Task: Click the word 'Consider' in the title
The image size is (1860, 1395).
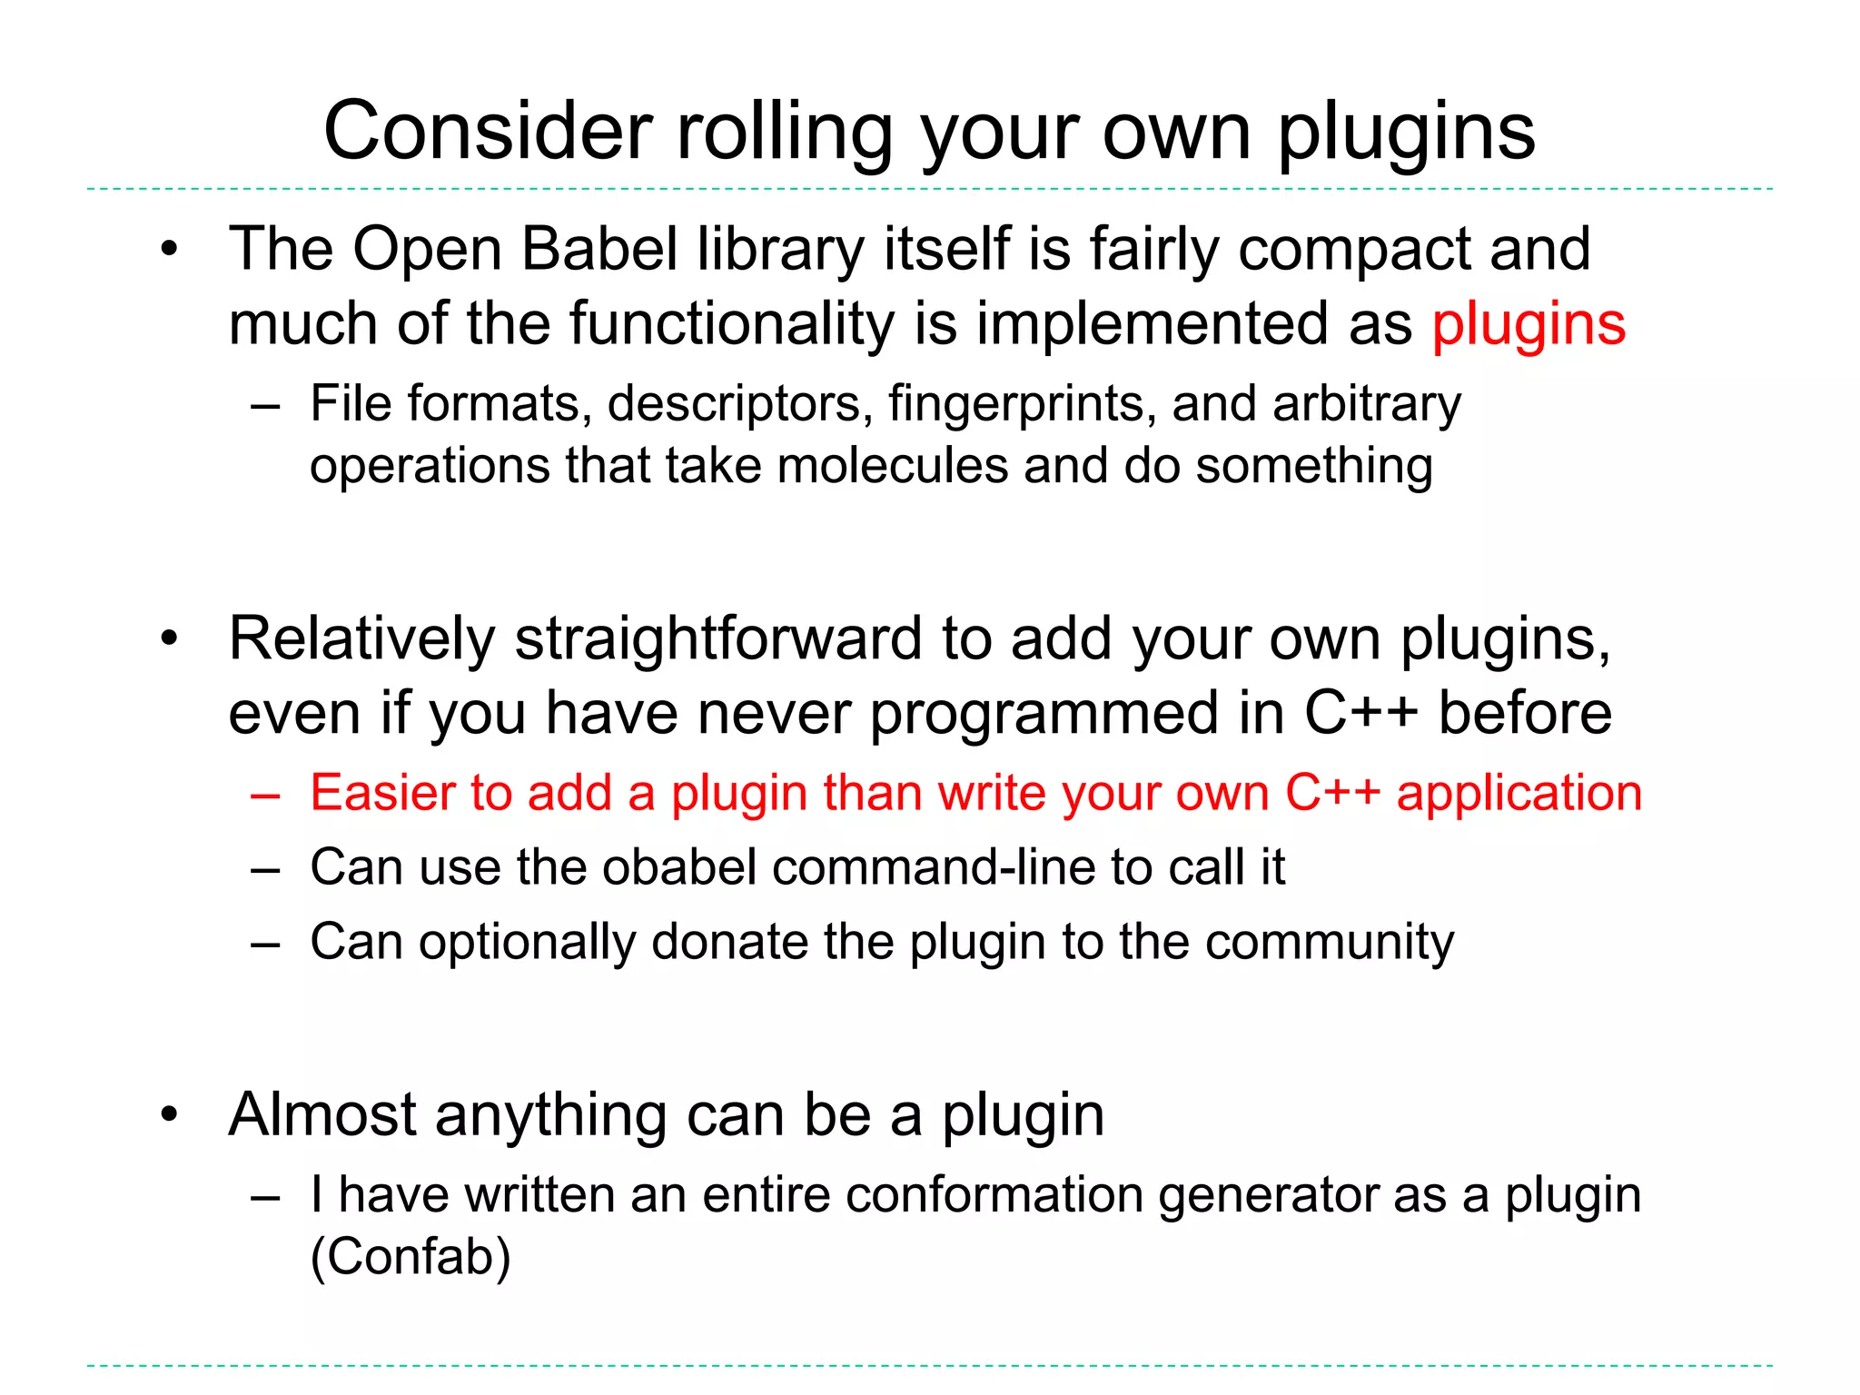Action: coord(488,132)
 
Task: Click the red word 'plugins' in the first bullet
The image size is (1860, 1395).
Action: coord(1529,324)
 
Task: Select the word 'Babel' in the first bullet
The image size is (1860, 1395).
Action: coord(599,249)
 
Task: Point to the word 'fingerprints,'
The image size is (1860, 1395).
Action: coord(1023,404)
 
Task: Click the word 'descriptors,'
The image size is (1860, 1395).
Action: coord(736,404)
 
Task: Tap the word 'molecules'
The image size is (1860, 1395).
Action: coord(893,466)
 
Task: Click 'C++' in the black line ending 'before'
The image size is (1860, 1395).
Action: coord(1360,713)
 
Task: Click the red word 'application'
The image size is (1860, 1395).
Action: coord(1519,794)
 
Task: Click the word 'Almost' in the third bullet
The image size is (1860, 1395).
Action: coord(322,1114)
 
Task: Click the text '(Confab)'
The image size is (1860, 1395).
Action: coord(411,1258)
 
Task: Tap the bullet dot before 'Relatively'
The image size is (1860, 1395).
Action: coord(169,639)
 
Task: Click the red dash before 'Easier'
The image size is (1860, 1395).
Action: coord(265,795)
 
